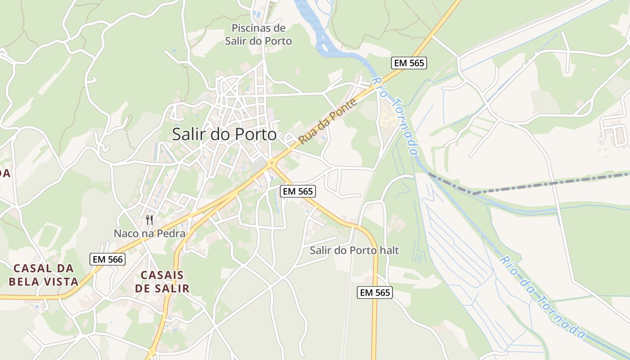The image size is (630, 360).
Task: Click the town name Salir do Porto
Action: pyautogui.click(x=224, y=134)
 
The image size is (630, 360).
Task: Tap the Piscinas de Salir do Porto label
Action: pyautogui.click(x=258, y=35)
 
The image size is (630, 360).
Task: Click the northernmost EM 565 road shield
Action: pyautogui.click(x=409, y=63)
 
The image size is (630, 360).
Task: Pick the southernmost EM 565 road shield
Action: pyautogui.click(x=375, y=292)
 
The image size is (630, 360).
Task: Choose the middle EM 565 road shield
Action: pyautogui.click(x=297, y=191)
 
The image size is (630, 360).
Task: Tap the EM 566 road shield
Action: pyautogui.click(x=107, y=259)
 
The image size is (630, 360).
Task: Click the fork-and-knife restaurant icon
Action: pyautogui.click(x=149, y=220)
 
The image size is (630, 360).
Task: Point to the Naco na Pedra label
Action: pyautogui.click(x=149, y=234)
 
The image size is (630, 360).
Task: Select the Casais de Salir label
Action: pyautogui.click(x=162, y=282)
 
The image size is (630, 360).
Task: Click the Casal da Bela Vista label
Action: pyautogui.click(x=44, y=275)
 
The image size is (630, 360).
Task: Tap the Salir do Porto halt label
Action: pyautogui.click(x=354, y=250)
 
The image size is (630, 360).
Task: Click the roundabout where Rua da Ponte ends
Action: pyautogui.click(x=271, y=164)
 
